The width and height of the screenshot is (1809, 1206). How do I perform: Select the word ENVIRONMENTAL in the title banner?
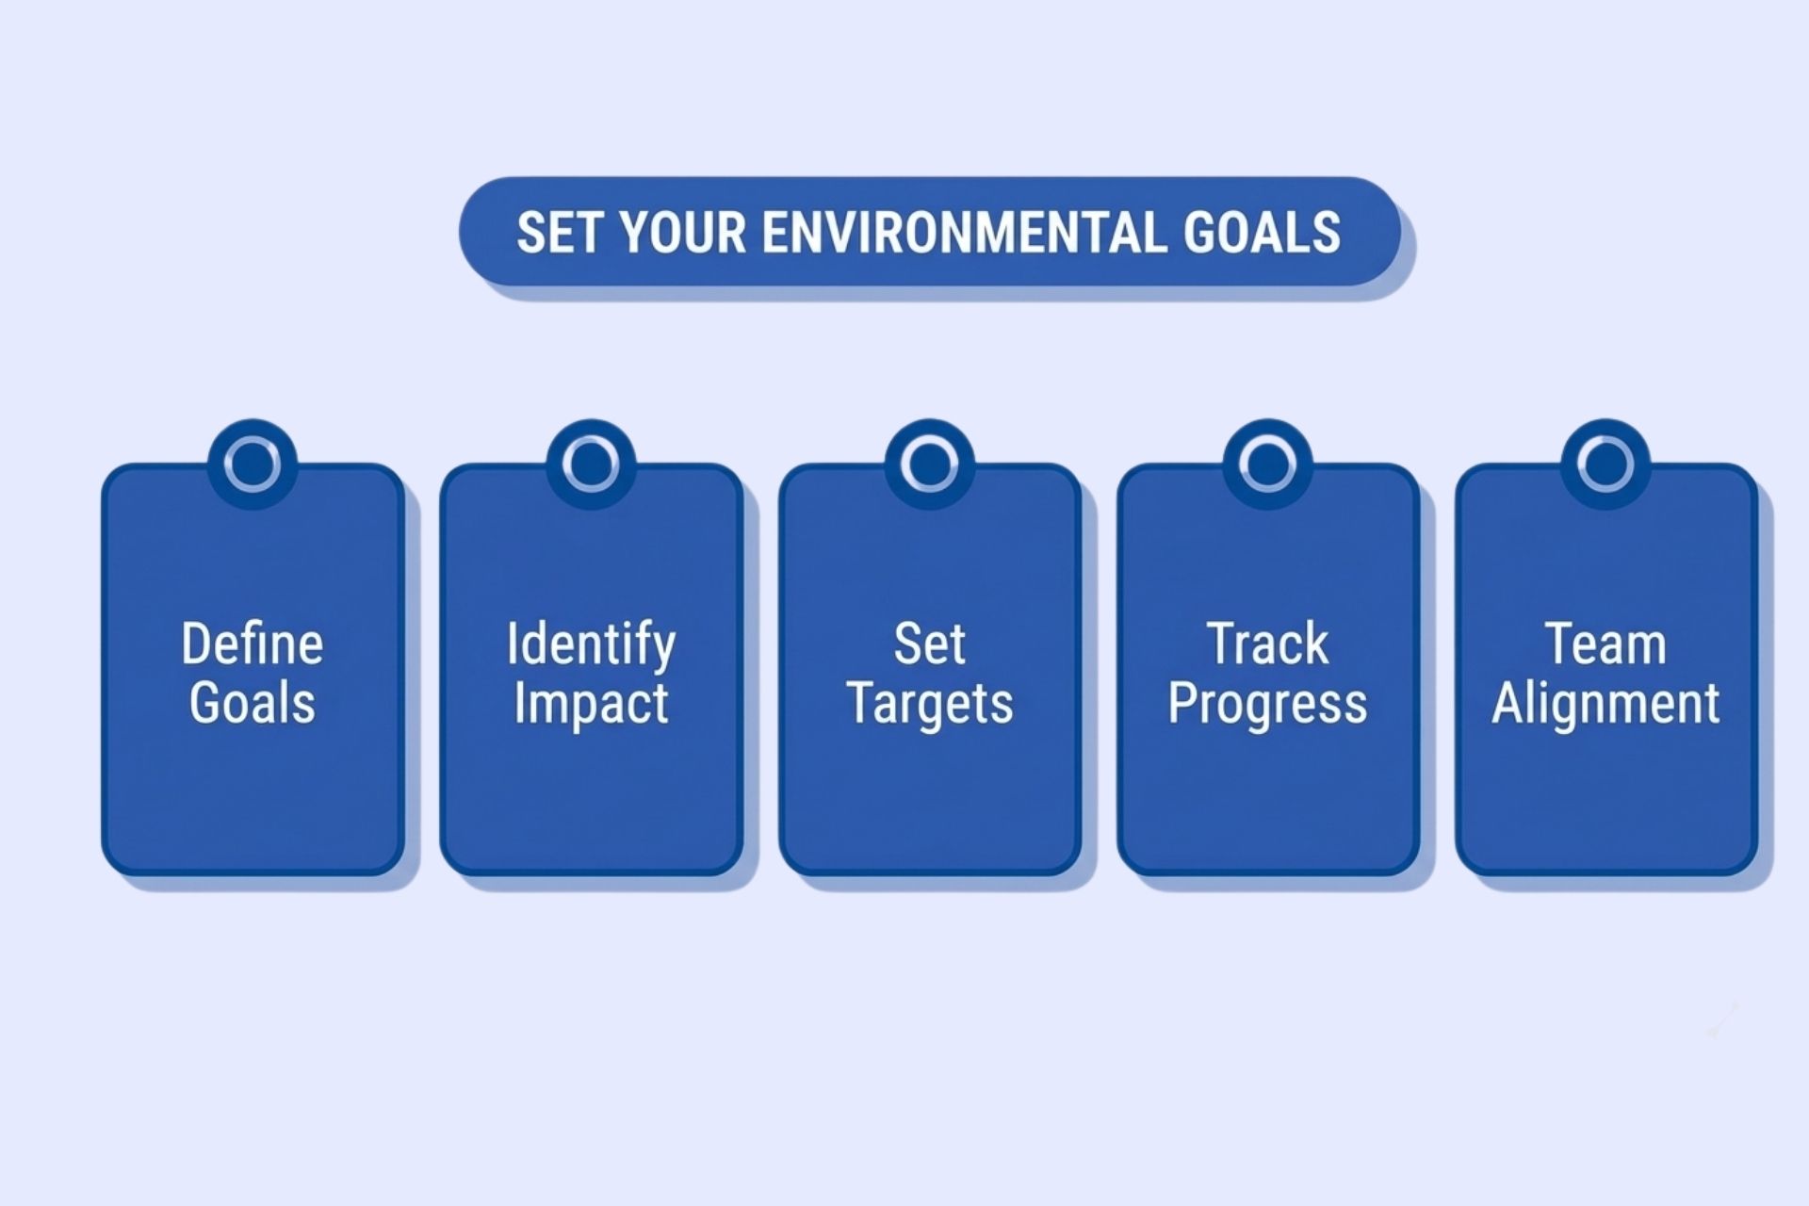click(964, 233)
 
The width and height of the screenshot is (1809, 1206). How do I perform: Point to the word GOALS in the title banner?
click(1262, 233)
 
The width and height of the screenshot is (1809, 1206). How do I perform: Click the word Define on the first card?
click(253, 644)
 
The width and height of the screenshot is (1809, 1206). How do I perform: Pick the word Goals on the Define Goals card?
click(253, 703)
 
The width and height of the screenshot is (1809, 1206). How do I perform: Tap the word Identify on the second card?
click(591, 644)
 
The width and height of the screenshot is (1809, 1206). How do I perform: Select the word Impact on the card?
click(591, 703)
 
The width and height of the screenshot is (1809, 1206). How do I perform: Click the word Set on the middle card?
click(929, 644)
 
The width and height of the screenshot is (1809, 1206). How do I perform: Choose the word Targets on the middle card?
click(929, 703)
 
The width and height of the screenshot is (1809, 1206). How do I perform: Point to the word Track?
click(1267, 644)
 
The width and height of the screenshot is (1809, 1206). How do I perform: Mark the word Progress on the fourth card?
click(1267, 703)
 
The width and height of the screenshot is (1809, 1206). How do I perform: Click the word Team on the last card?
click(1605, 644)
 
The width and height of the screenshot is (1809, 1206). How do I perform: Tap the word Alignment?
click(1605, 703)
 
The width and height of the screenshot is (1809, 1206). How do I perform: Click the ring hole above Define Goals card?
click(253, 464)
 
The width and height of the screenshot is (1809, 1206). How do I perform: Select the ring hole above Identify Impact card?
click(591, 464)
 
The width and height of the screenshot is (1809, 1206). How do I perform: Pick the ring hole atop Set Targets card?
click(929, 464)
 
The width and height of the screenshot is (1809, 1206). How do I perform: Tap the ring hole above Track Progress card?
click(1267, 464)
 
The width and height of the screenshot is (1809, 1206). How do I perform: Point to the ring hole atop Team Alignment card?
click(1605, 464)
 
